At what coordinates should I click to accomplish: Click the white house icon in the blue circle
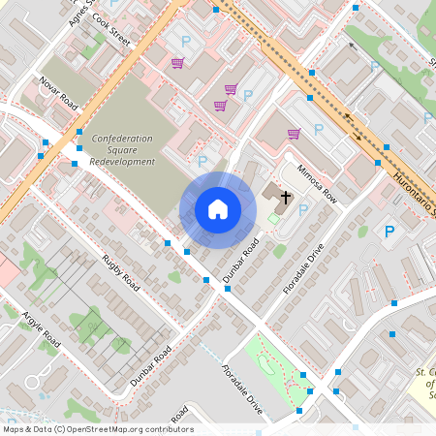[218, 209]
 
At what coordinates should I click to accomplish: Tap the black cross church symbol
[286, 198]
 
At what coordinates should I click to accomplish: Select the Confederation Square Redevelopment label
[123, 150]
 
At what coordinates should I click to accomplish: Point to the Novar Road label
[58, 91]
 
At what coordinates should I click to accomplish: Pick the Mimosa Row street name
[316, 182]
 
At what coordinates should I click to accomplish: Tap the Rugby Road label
[121, 274]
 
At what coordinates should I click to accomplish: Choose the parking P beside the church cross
[303, 209]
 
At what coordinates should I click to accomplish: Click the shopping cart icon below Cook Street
[177, 64]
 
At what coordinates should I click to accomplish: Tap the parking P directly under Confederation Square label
[202, 161]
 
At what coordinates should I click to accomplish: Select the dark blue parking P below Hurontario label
[389, 232]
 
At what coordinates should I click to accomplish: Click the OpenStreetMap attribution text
[97, 429]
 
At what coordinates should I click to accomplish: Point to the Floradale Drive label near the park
[242, 389]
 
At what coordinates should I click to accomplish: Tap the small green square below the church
[273, 220]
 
